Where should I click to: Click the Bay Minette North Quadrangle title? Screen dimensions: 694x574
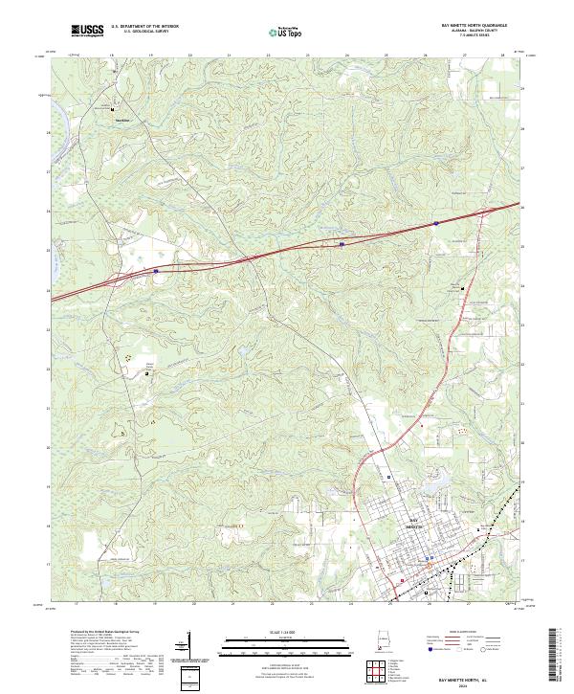tap(475, 25)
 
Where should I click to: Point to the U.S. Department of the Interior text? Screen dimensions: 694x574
tap(144, 26)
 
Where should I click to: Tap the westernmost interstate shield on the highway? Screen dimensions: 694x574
tap(155, 271)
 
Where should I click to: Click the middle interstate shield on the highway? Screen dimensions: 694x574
tap(341, 244)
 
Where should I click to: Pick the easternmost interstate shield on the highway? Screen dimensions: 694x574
tap(436, 223)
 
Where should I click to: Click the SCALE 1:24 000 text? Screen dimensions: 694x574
tap(287, 632)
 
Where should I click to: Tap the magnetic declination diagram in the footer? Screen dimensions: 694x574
tap(183, 645)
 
